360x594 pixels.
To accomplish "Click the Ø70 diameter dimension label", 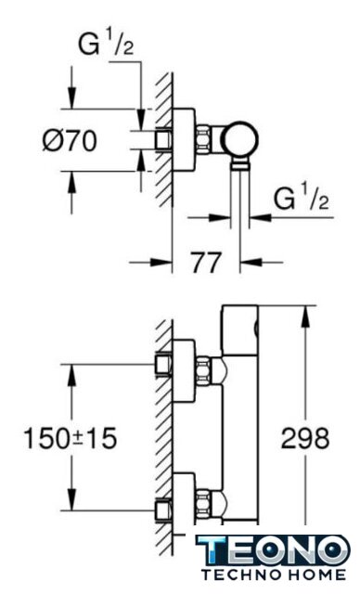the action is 70,141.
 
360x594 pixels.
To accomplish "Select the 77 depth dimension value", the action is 206,263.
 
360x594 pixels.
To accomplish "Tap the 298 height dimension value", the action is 305,439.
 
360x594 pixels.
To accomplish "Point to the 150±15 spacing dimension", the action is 71,439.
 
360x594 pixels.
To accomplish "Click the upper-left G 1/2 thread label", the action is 106,44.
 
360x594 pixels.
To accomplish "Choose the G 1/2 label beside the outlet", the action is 301,198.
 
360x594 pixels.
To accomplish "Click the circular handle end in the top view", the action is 241,139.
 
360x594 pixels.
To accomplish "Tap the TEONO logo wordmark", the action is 273,550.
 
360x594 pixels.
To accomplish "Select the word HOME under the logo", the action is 316,575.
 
